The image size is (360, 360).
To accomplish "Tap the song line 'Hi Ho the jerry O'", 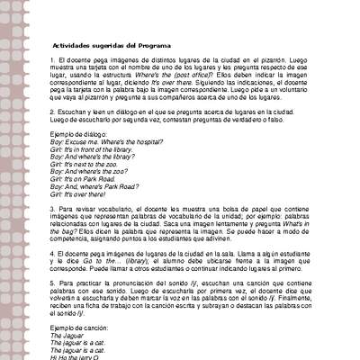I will click(72, 357).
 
